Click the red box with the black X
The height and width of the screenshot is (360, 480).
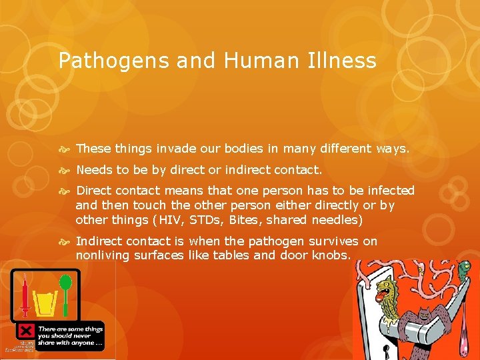click(x=26, y=331)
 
